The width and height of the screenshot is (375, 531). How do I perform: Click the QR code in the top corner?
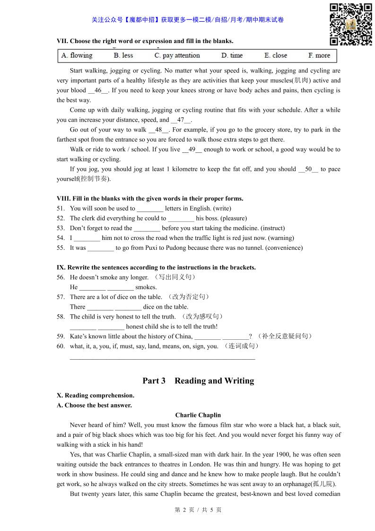(350, 24)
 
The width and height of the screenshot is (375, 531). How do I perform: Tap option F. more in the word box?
(319, 55)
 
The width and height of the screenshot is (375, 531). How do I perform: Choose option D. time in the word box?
(232, 55)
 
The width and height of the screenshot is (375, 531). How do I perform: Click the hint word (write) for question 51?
(222, 208)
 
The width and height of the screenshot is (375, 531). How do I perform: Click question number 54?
(61, 238)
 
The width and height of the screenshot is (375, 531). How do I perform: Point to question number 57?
(61, 297)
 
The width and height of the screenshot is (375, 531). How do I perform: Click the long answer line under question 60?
(162, 358)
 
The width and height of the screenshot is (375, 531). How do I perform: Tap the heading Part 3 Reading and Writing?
(198, 381)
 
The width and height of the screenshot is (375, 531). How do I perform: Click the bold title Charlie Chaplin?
(198, 416)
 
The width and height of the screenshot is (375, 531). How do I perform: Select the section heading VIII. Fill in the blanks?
(150, 199)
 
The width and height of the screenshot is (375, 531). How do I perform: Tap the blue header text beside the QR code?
(188, 20)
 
